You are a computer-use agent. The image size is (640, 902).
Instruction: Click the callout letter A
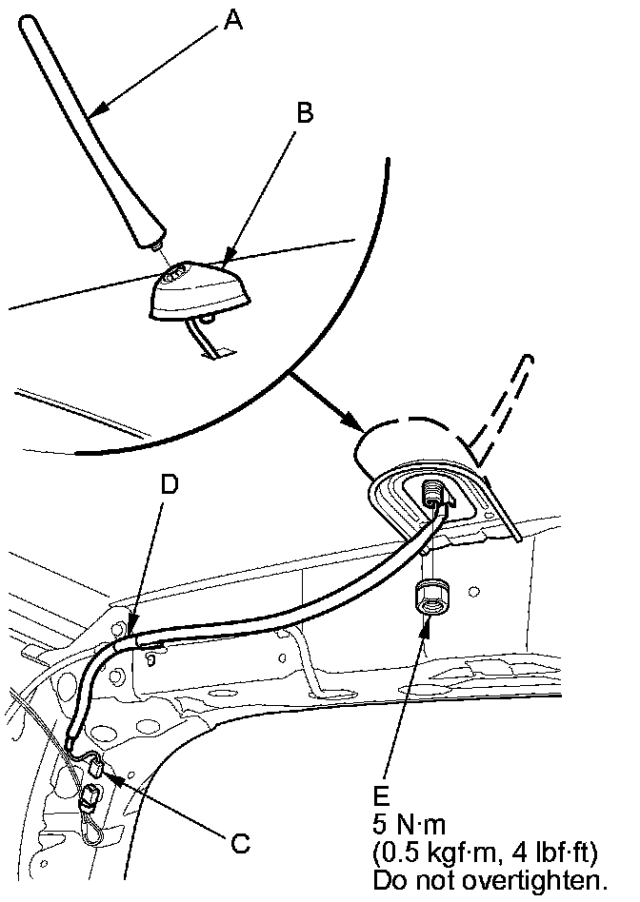click(232, 20)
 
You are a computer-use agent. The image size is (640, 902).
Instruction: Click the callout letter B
click(304, 113)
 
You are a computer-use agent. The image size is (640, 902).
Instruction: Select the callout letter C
click(241, 841)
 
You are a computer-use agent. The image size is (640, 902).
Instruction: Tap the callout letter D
click(168, 485)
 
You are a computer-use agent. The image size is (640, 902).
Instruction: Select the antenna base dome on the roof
click(198, 290)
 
